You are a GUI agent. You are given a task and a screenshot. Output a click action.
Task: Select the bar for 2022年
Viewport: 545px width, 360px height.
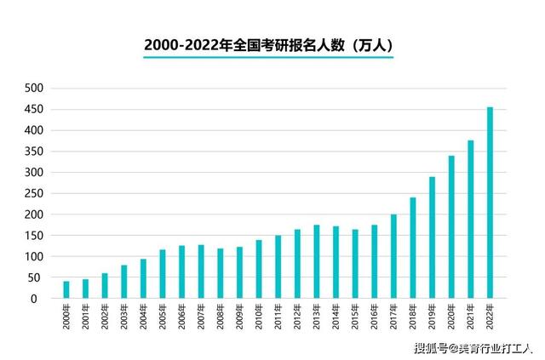(490, 203)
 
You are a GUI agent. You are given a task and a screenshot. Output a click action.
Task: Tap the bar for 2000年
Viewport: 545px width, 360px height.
(66, 289)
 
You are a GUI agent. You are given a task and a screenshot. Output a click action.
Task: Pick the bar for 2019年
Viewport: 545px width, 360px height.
(433, 237)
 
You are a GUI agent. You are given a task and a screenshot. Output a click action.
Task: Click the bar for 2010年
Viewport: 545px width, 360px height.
(259, 269)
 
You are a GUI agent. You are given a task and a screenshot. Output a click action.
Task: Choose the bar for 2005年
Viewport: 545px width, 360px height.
(163, 274)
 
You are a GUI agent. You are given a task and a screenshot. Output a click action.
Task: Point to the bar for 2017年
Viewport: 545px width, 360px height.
(393, 256)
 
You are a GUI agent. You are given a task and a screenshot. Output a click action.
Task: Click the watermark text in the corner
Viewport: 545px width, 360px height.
(473, 348)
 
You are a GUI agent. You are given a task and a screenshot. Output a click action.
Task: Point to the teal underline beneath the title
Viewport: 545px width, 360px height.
(267, 58)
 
